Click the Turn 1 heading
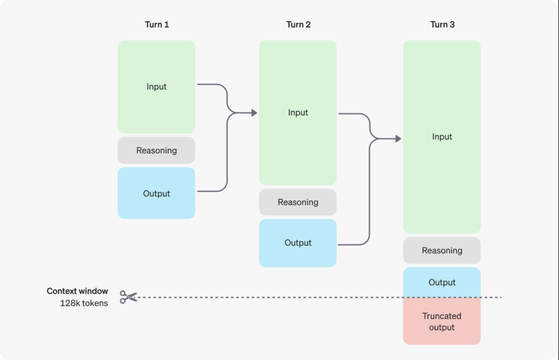pyautogui.click(x=157, y=25)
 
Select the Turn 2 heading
pyautogui.click(x=298, y=25)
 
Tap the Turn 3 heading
pyautogui.click(x=442, y=25)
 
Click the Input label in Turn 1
pyautogui.click(x=156, y=86)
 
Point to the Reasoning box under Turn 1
pyautogui.click(x=156, y=150)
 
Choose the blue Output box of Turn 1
pyautogui.click(x=156, y=193)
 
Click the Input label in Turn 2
pyautogui.click(x=298, y=112)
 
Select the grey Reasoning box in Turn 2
pyautogui.click(x=298, y=202)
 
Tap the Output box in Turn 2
pyautogui.click(x=298, y=243)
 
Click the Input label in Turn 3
pyautogui.click(x=442, y=137)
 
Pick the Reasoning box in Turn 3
pyautogui.click(x=442, y=250)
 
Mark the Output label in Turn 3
pyautogui.click(x=442, y=282)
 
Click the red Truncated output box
pyautogui.click(x=442, y=321)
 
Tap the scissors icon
pyautogui.click(x=128, y=297)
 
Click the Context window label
pyautogui.click(x=77, y=291)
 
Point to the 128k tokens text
pyautogui.click(x=84, y=303)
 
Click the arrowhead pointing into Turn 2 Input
pyautogui.click(x=254, y=113)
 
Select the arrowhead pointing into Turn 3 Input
pyautogui.click(x=398, y=139)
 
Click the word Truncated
pyautogui.click(x=442, y=316)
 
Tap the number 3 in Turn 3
pyautogui.click(x=452, y=25)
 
